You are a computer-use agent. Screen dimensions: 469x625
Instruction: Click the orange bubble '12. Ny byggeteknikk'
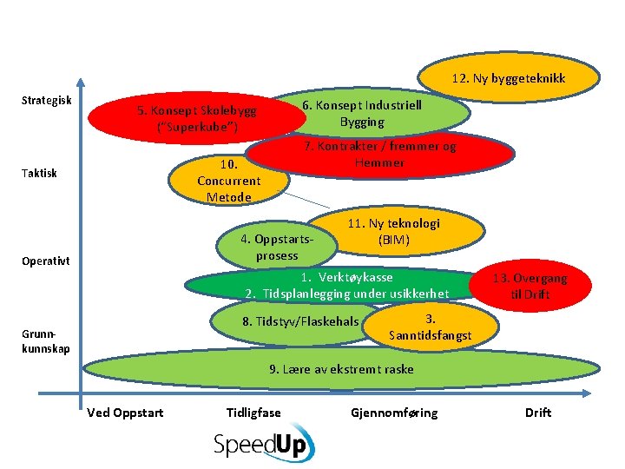(x=509, y=79)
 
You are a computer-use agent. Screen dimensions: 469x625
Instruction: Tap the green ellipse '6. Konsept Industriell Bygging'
(x=373, y=112)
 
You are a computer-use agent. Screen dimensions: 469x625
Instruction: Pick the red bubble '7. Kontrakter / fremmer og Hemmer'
(x=380, y=155)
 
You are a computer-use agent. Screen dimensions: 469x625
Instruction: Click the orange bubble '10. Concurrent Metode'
(x=228, y=181)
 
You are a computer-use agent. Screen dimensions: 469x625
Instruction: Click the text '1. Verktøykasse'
(x=346, y=277)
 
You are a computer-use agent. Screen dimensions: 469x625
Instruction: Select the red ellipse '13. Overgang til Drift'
(x=530, y=286)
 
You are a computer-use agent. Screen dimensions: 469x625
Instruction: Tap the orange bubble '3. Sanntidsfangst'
(x=431, y=327)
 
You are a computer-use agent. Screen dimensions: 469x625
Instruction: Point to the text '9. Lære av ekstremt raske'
(x=341, y=369)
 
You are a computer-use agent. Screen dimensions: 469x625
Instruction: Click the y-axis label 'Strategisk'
(x=46, y=101)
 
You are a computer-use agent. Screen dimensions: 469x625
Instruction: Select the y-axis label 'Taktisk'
(x=39, y=173)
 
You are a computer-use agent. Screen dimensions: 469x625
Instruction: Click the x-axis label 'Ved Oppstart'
(x=125, y=413)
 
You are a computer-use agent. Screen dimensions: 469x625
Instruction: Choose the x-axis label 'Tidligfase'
(x=253, y=413)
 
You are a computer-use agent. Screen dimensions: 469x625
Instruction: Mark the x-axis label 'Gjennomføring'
(x=394, y=413)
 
